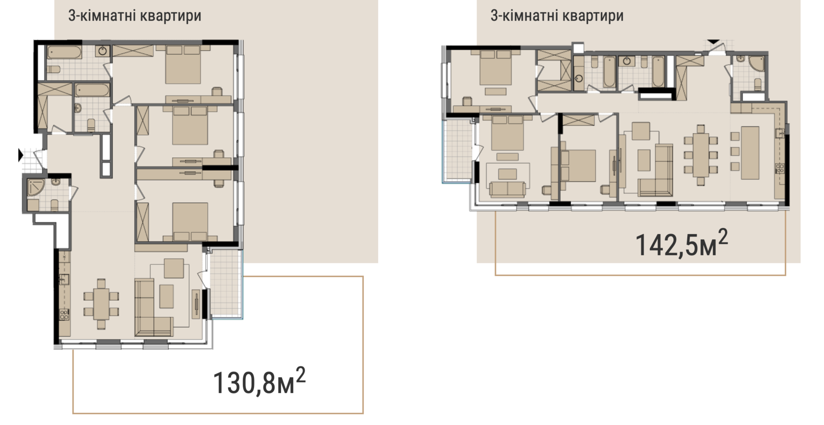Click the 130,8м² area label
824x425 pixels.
click(x=259, y=381)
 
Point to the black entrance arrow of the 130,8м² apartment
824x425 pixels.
click(x=20, y=155)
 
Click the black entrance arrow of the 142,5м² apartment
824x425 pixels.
click(x=713, y=42)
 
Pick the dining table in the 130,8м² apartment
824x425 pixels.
click(x=101, y=304)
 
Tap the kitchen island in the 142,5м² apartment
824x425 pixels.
click(x=750, y=153)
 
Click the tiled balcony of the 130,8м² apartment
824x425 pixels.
click(x=225, y=284)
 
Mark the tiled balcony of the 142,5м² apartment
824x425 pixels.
click(x=457, y=151)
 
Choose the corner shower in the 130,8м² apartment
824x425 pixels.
click(x=36, y=187)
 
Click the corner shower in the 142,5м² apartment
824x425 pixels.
click(x=756, y=64)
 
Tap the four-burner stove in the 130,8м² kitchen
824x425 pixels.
click(x=64, y=314)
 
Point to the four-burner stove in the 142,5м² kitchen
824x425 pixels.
click(x=780, y=168)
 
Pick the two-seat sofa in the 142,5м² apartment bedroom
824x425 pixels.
click(x=507, y=189)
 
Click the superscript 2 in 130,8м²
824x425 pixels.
click(x=301, y=374)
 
